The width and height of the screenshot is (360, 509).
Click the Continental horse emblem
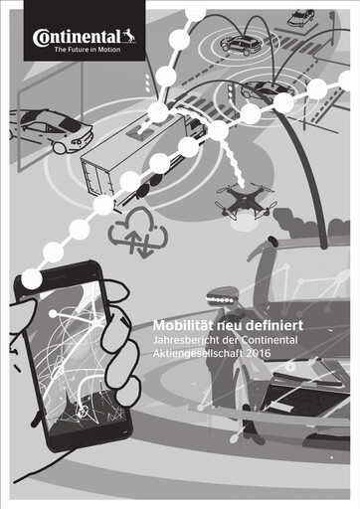coord(129,37)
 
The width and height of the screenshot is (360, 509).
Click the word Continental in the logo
coord(77,37)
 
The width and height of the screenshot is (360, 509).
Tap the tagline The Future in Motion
coord(88,50)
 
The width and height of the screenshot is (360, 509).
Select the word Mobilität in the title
coord(183,325)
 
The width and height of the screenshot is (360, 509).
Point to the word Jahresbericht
coord(186,340)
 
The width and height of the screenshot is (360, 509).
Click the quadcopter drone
coord(247,201)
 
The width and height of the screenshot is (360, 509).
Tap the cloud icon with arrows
coord(138,232)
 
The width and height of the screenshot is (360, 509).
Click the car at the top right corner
coord(300,18)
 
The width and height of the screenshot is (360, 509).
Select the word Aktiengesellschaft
coord(198,354)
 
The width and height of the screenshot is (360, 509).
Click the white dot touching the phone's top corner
coord(32,278)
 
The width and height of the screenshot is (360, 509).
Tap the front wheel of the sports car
coord(59,147)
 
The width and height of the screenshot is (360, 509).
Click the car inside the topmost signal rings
coord(240,44)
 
